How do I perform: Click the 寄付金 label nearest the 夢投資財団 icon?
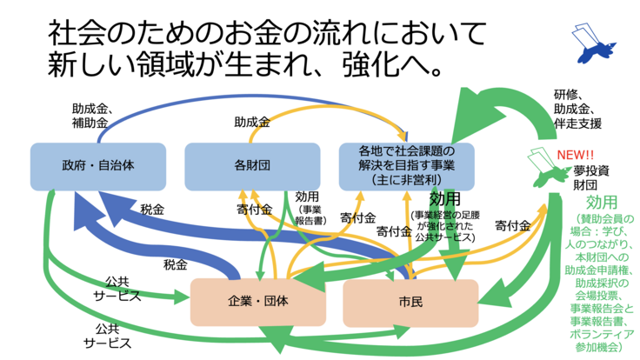point(513,225)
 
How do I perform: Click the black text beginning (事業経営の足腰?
point(442,223)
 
